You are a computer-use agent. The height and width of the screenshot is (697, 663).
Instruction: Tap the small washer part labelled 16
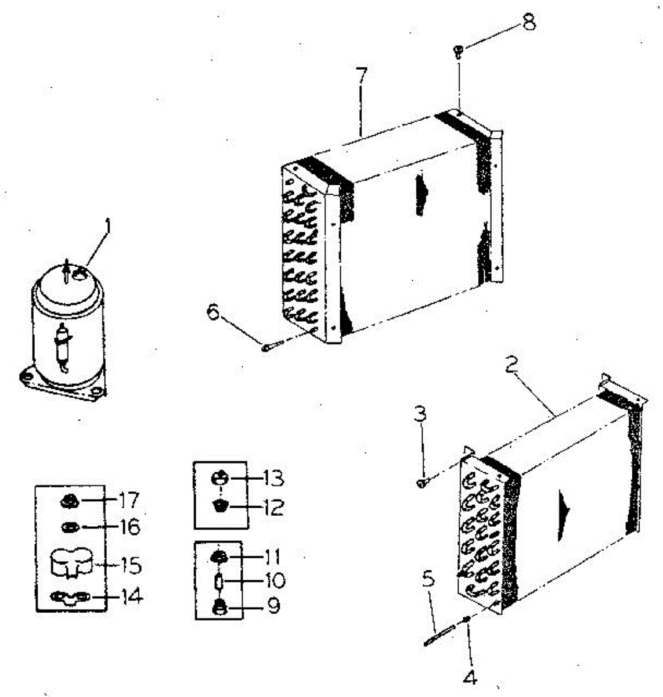[x=69, y=527]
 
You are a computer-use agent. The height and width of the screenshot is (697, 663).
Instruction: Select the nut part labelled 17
[x=69, y=500]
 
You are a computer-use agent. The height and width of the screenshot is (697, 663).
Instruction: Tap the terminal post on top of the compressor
[x=67, y=271]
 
